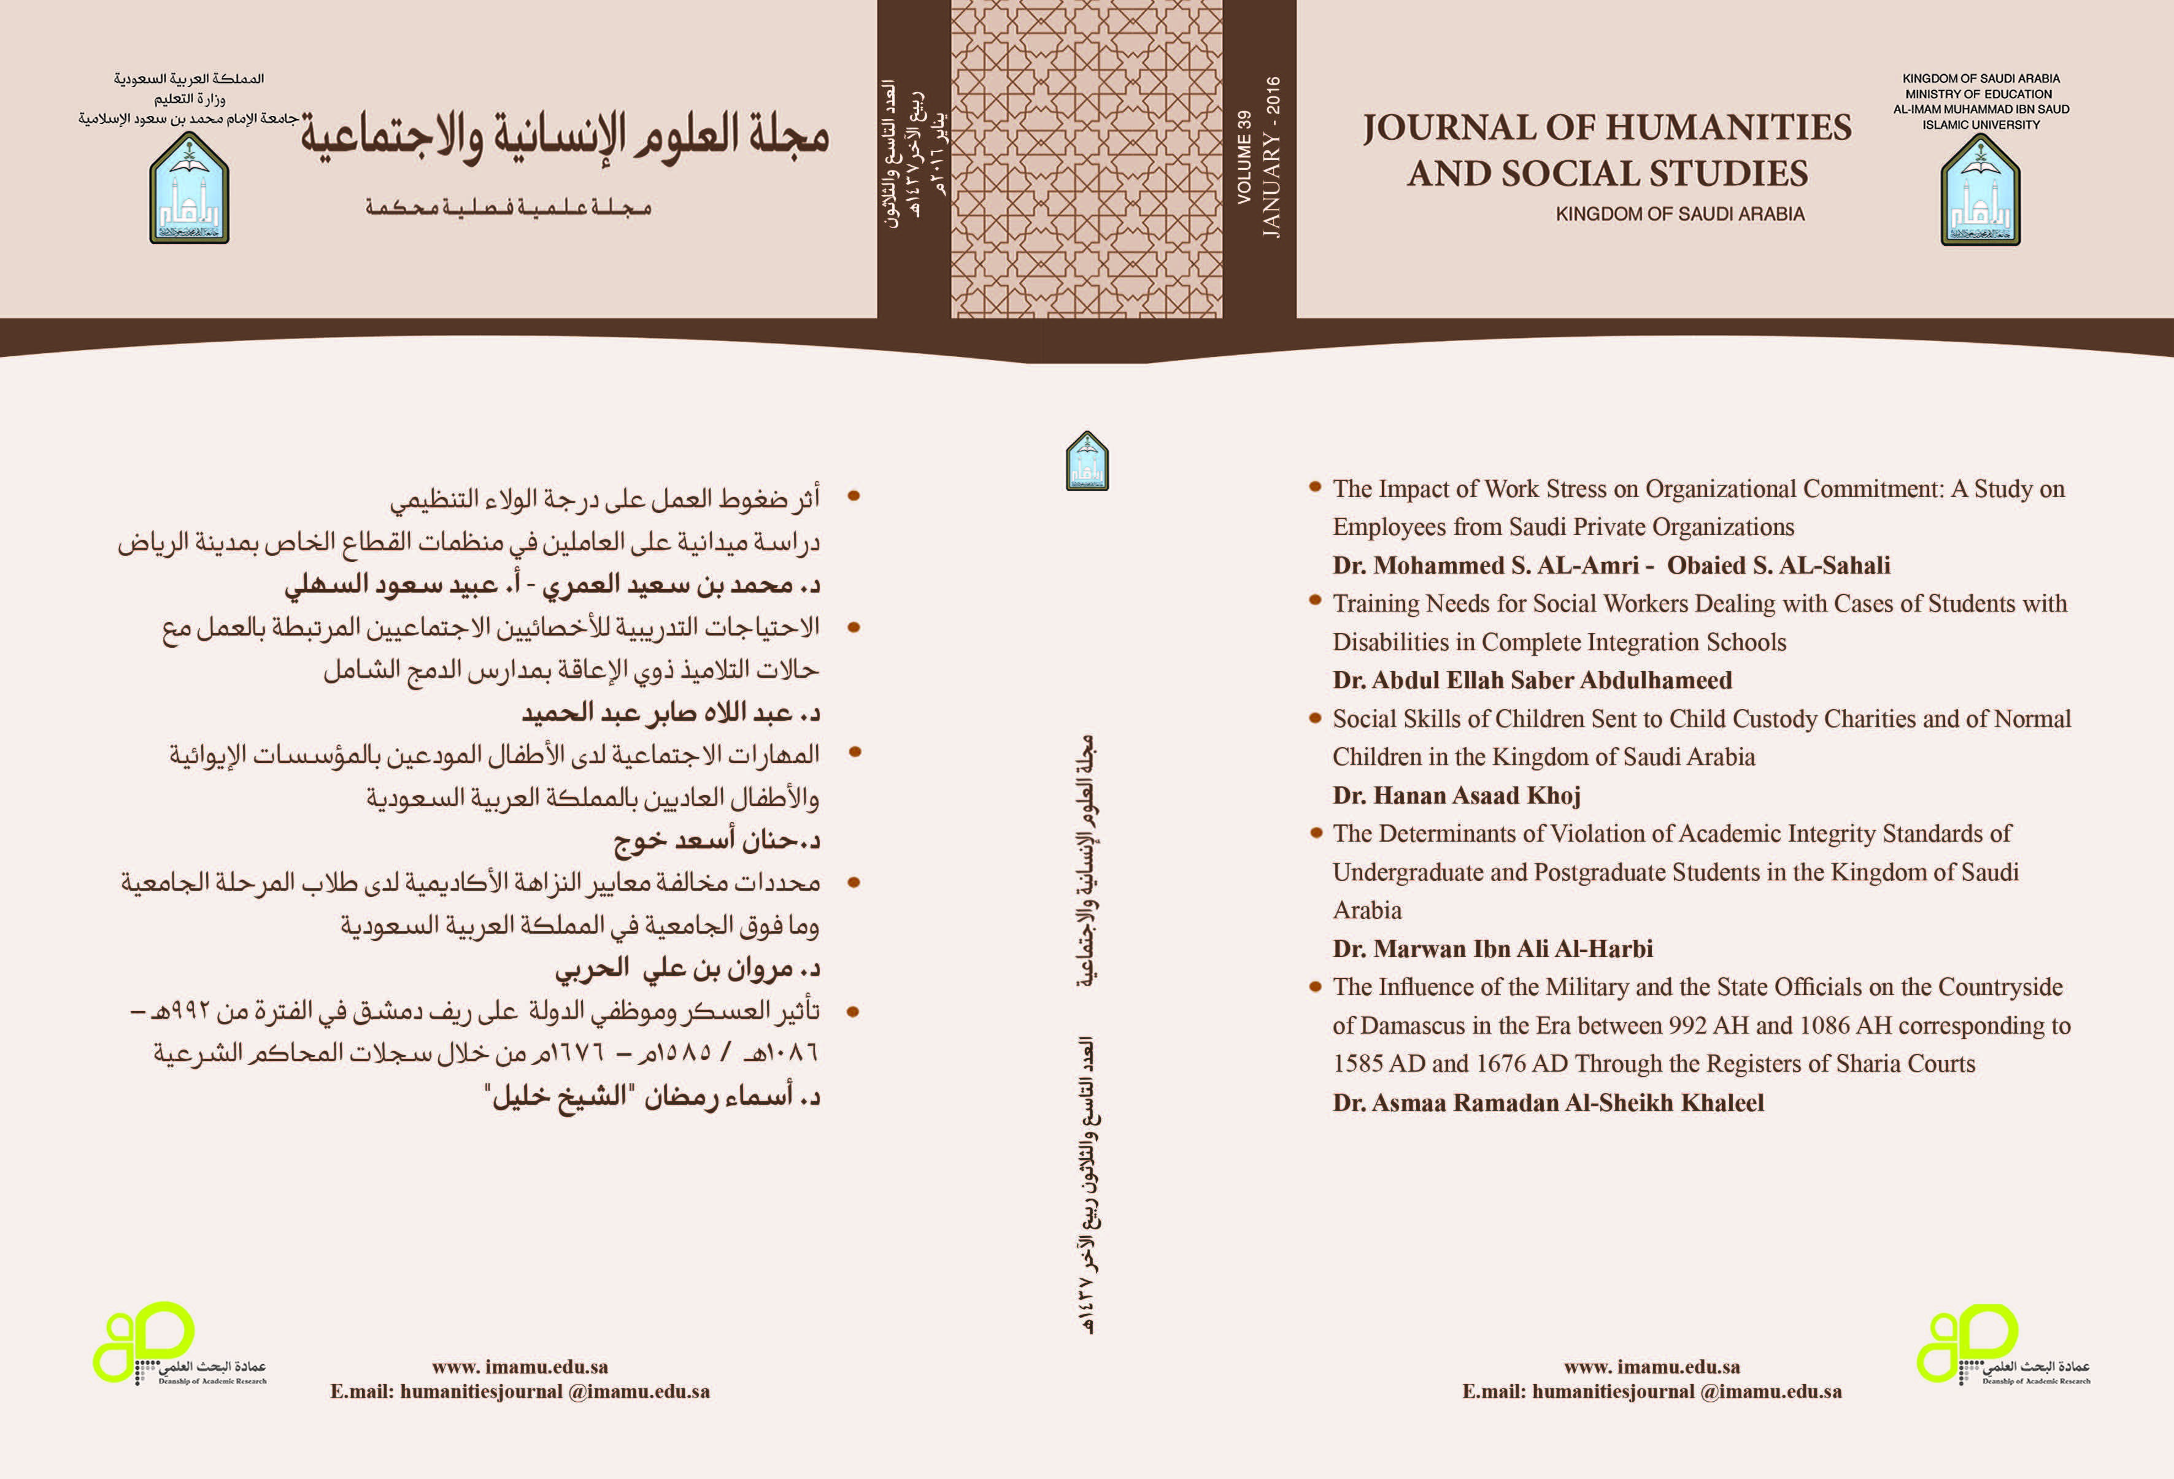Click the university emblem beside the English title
click(x=1980, y=190)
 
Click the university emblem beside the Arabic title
click(x=189, y=189)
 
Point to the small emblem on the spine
click(x=1087, y=460)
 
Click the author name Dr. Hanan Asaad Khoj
click(x=1457, y=795)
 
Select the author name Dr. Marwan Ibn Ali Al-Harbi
click(x=1492, y=948)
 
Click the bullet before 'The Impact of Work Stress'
click(x=1314, y=486)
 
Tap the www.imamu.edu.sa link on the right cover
click(x=1651, y=1367)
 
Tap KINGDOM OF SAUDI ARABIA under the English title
click(x=1679, y=213)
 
